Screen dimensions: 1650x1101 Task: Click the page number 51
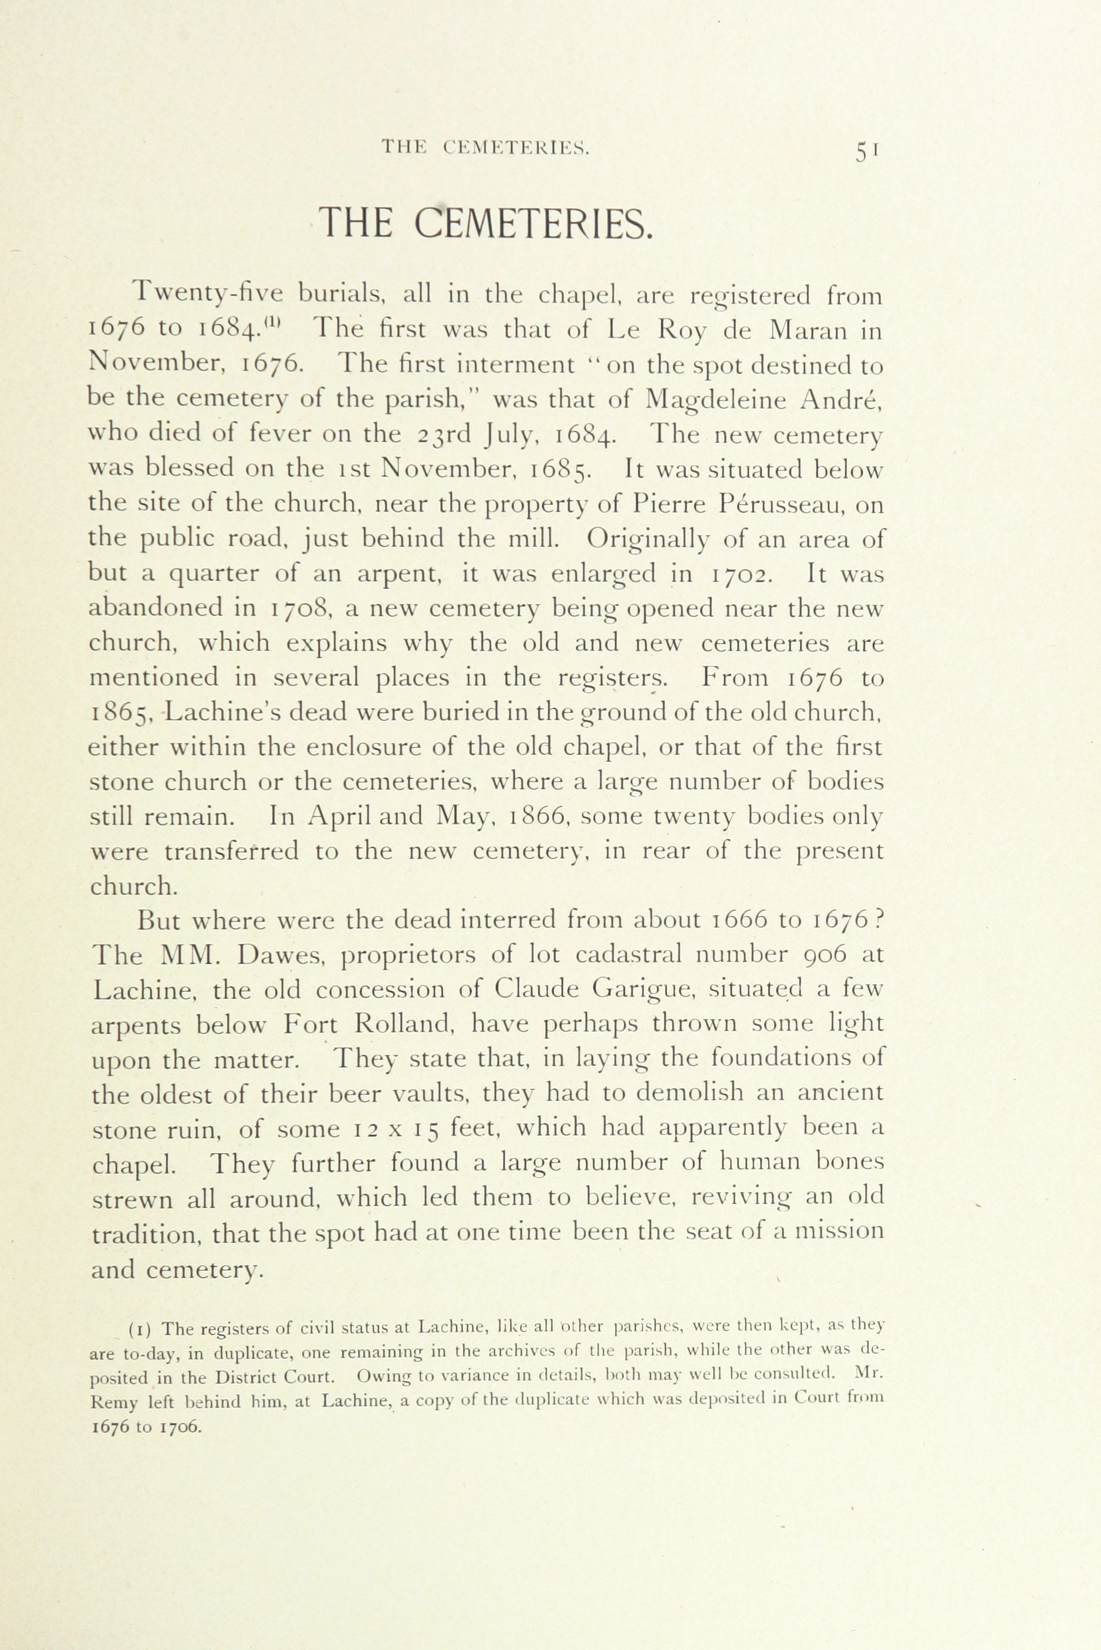[867, 150]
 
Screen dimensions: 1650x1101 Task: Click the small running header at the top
[485, 147]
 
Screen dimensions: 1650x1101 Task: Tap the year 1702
[743, 574]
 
